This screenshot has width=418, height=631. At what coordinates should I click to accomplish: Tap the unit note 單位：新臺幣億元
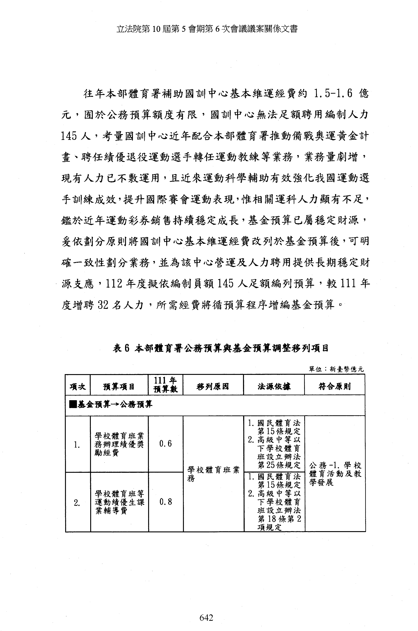336,369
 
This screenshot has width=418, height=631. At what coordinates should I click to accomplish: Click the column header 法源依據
274,386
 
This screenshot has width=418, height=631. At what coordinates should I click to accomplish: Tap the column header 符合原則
335,386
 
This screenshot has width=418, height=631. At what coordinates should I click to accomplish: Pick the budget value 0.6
165,444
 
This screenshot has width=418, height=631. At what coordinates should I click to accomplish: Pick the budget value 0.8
165,502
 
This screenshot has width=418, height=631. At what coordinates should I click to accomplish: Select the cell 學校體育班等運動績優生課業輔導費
119,502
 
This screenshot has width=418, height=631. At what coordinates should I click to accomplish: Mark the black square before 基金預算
73,405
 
